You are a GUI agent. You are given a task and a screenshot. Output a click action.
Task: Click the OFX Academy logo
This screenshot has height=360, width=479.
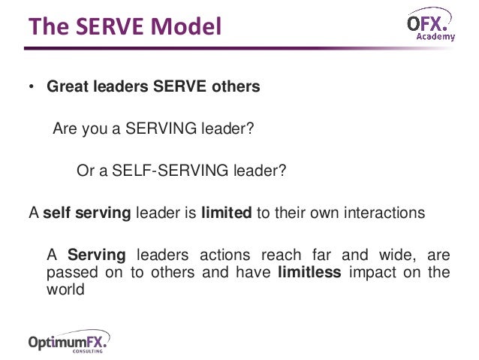point(429,27)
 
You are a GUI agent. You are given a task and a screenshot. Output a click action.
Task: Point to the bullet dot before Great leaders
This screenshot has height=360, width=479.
point(32,86)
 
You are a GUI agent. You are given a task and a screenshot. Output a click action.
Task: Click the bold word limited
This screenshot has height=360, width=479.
point(226,213)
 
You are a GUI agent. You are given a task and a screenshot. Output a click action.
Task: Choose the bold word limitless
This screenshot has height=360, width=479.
point(309,272)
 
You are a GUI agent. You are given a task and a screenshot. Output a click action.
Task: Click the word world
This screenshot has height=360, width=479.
point(65,289)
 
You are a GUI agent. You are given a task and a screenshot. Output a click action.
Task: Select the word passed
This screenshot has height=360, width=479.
point(68,272)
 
